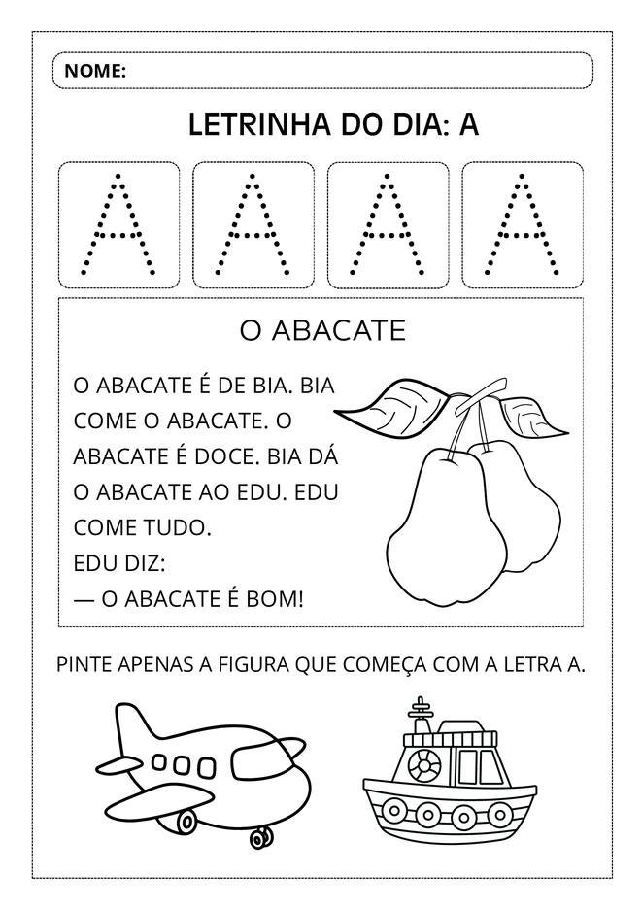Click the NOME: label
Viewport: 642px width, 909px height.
[x=95, y=71]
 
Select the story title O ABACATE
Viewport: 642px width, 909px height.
[x=322, y=331]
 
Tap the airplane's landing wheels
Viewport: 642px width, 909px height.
[x=261, y=836]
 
